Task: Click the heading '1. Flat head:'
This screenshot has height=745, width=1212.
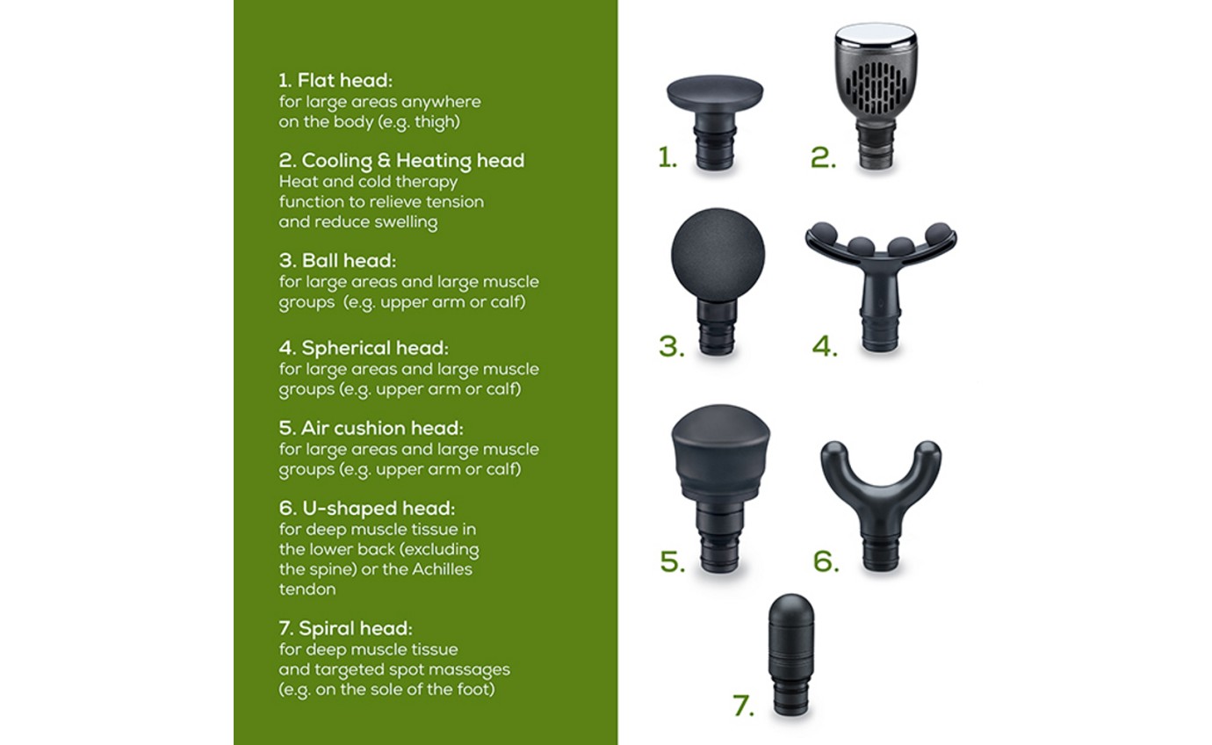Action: [x=335, y=81]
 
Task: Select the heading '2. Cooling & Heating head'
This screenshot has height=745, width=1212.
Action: [x=401, y=160]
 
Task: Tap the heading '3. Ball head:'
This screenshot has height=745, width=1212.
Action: [x=337, y=260]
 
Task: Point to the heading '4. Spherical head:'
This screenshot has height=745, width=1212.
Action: [x=364, y=348]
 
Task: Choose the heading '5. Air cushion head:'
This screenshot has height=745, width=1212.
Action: [x=372, y=428]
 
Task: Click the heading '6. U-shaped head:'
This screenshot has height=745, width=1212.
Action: [x=367, y=509]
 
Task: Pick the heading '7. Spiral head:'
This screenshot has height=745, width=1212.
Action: [x=346, y=629]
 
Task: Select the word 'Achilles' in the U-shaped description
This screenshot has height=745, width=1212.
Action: [x=442, y=569]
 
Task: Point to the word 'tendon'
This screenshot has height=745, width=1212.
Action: [x=307, y=589]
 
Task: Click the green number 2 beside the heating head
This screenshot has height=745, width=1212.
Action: [x=823, y=157]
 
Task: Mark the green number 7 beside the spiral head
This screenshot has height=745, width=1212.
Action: [x=743, y=705]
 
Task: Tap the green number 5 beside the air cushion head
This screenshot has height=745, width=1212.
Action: [x=673, y=561]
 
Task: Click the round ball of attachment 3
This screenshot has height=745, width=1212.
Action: [x=718, y=255]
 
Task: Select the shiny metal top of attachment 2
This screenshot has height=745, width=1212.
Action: [x=876, y=33]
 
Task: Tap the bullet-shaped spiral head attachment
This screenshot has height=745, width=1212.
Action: [x=791, y=654]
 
